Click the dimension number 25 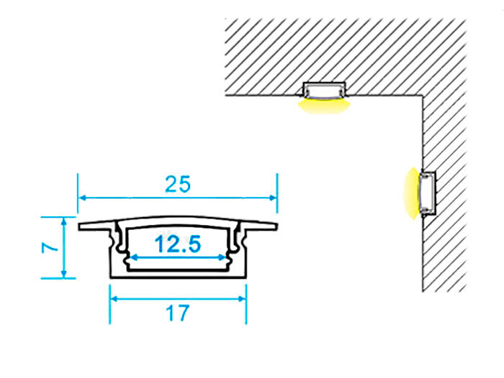[x=178, y=185]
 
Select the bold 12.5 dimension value [x=177, y=246]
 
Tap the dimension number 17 [x=177, y=313]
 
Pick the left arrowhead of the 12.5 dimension [x=132, y=256]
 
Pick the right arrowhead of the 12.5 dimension [x=222, y=256]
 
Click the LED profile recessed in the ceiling [x=323, y=90]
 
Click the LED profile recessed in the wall [x=428, y=193]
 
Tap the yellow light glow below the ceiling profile [x=323, y=106]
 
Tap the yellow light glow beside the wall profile [x=410, y=193]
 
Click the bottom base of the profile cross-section [x=178, y=274]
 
